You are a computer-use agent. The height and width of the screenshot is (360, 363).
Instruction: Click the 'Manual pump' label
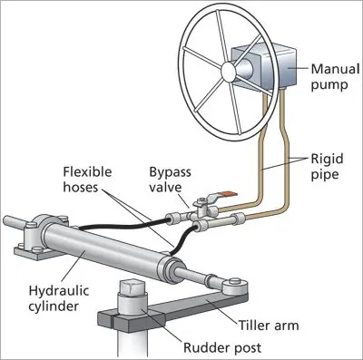[x=335, y=77]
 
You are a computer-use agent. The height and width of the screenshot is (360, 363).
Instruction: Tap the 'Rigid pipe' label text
[x=327, y=167]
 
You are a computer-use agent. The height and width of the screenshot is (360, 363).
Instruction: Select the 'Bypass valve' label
[x=170, y=180]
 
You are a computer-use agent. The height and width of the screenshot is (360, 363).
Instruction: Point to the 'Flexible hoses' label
[x=87, y=180]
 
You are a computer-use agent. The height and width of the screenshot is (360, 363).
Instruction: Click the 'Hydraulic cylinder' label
[x=59, y=298]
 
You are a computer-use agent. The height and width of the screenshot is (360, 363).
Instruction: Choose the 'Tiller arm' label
[x=269, y=326]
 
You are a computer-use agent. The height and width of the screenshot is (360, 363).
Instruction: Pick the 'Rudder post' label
[x=222, y=347]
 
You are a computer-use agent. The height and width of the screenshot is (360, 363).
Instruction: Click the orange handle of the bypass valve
[x=230, y=193]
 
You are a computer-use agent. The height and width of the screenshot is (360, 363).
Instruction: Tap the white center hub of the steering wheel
[x=229, y=71]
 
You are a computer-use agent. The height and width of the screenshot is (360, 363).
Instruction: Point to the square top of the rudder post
[x=132, y=287]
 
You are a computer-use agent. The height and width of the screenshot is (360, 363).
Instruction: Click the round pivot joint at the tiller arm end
[x=234, y=286]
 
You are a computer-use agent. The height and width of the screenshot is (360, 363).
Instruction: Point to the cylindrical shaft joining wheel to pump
[x=243, y=69]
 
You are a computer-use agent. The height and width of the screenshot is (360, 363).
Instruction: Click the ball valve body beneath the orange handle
[x=201, y=210]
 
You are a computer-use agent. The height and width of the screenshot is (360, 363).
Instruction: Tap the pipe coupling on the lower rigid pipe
[x=237, y=218]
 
